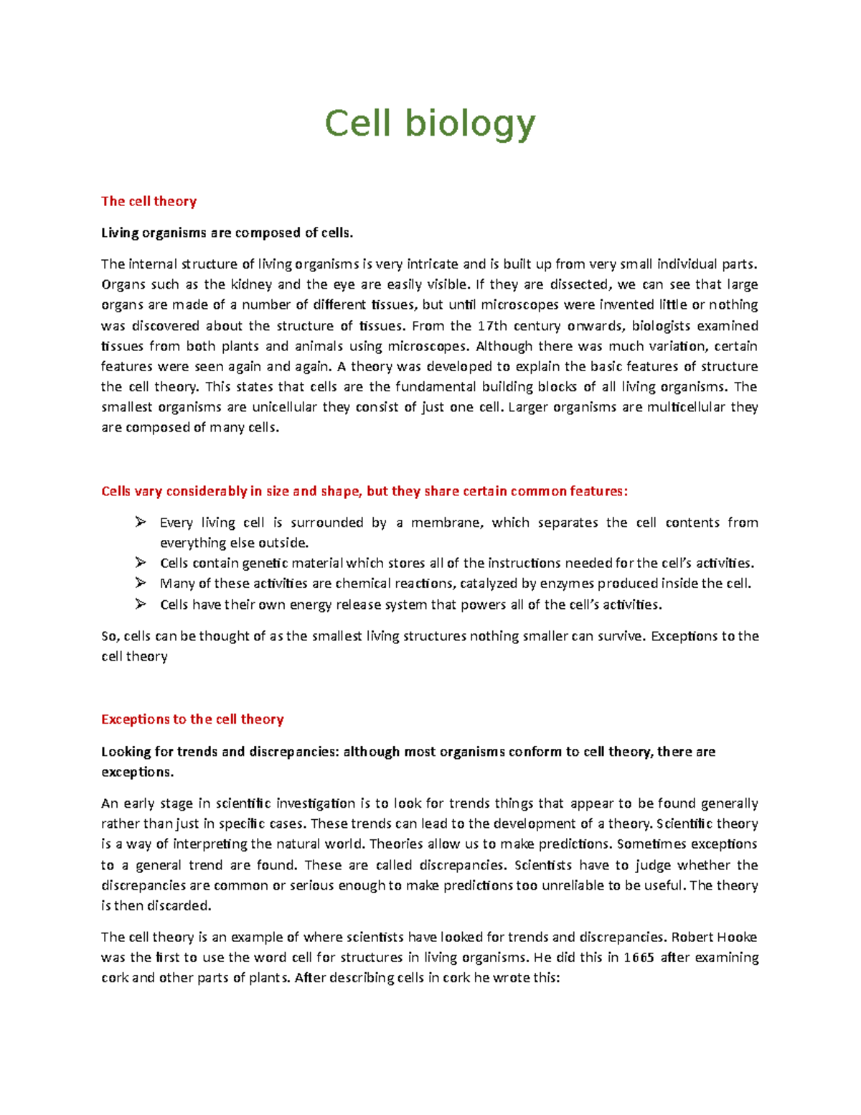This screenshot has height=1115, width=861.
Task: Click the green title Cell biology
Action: (x=430, y=124)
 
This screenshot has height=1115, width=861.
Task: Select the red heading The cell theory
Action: (x=149, y=201)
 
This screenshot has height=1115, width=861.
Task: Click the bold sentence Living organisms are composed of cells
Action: (x=227, y=233)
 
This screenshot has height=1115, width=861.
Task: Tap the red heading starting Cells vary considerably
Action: (x=364, y=491)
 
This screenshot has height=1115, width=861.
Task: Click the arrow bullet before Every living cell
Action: (x=140, y=522)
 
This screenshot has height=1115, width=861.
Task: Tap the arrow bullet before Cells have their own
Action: (x=140, y=605)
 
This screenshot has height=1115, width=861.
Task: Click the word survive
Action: (x=620, y=636)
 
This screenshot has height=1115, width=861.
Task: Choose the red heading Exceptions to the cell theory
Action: (x=192, y=719)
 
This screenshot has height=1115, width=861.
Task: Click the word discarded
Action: (x=179, y=906)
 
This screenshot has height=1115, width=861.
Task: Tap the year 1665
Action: (x=638, y=958)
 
